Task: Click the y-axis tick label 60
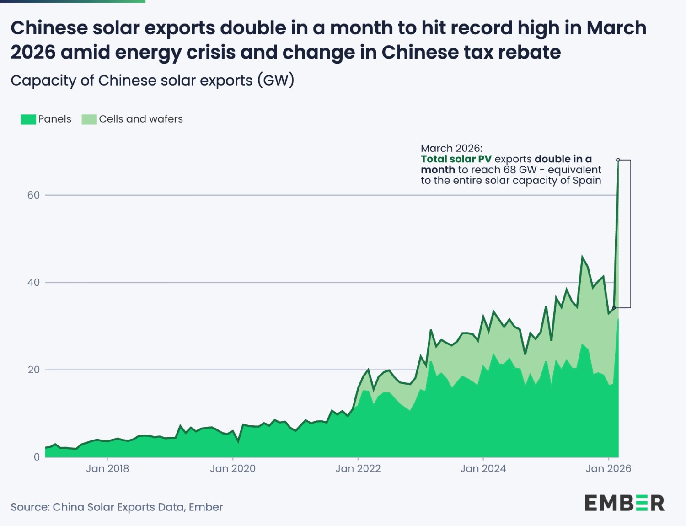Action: click(x=33, y=195)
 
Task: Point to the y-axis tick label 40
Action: click(x=33, y=283)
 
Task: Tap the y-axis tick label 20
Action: click(x=33, y=370)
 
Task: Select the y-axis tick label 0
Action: click(x=37, y=457)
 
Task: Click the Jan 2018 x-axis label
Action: click(x=107, y=469)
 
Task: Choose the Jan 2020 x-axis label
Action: click(x=232, y=469)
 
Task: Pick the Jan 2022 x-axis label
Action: click(x=358, y=469)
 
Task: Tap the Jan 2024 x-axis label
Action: click(x=483, y=469)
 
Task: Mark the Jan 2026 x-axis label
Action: click(x=608, y=469)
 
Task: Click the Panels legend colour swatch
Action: click(x=28, y=119)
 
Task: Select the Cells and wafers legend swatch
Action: click(x=89, y=119)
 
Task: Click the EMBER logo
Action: click(x=624, y=503)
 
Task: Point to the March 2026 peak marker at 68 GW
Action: click(x=618, y=160)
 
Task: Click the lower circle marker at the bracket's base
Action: click(x=614, y=308)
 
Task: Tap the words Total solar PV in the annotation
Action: click(x=456, y=159)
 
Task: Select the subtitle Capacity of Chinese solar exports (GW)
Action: click(x=152, y=81)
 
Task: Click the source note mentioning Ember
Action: click(x=117, y=507)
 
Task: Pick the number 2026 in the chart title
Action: click(x=32, y=53)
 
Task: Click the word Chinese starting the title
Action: click(x=49, y=28)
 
